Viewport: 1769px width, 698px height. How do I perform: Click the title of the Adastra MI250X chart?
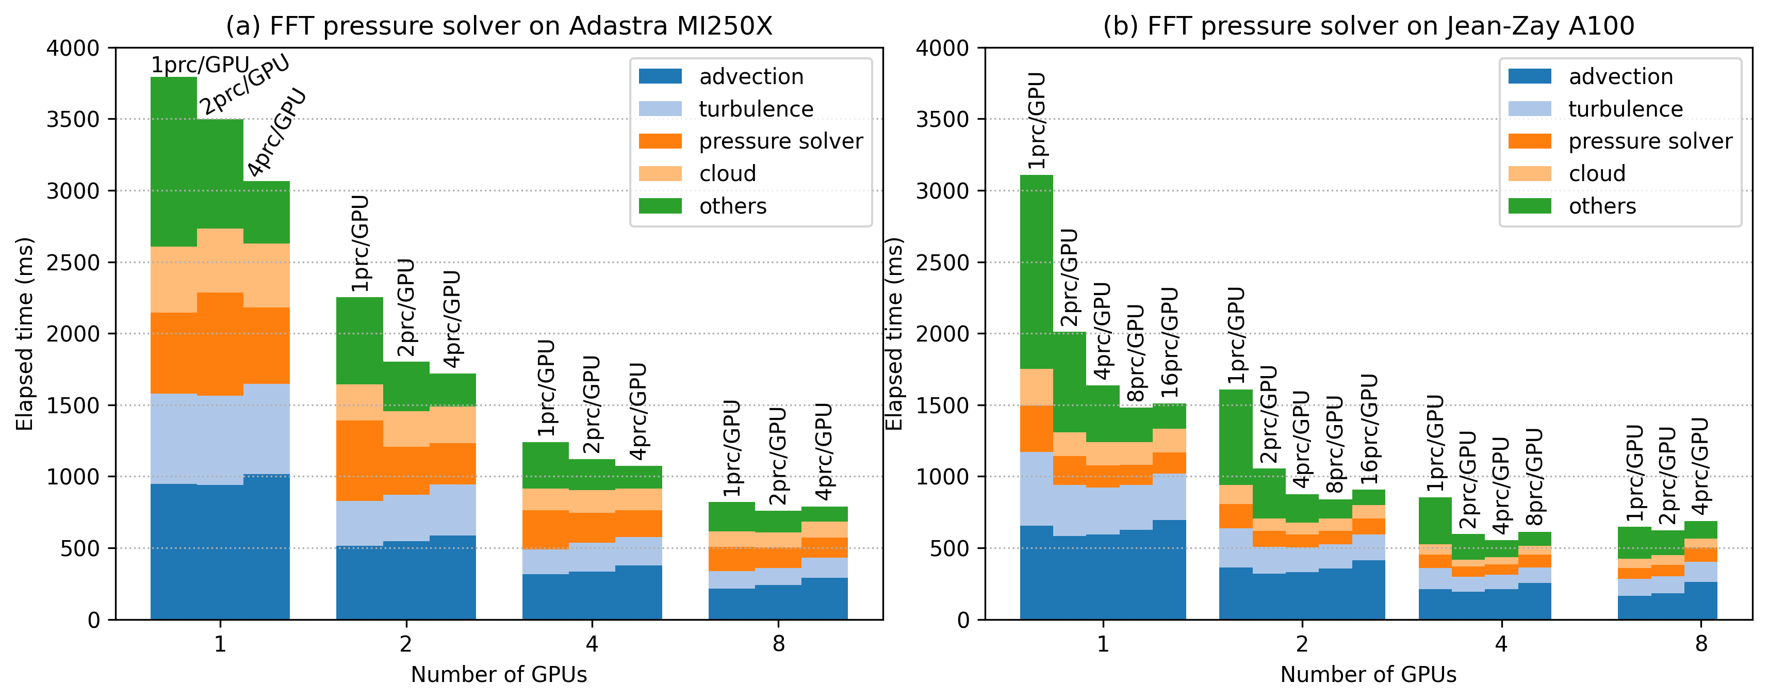tap(499, 26)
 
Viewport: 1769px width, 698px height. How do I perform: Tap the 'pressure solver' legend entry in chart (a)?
tap(780, 141)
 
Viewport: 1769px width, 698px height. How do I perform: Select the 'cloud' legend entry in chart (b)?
tap(1597, 173)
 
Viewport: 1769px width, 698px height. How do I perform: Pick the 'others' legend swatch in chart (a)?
tap(660, 206)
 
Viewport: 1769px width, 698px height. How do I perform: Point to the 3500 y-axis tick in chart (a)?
tap(73, 120)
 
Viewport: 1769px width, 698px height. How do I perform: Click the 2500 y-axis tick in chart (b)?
tap(942, 263)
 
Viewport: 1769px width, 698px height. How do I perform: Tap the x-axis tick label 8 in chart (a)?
tap(778, 644)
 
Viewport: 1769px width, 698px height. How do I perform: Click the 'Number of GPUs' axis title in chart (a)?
tap(499, 675)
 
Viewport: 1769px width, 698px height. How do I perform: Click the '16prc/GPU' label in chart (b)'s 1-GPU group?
tap(1170, 342)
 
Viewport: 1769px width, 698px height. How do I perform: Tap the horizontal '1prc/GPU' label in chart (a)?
tap(200, 64)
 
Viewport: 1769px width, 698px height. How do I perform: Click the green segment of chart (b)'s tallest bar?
tap(1036, 271)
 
